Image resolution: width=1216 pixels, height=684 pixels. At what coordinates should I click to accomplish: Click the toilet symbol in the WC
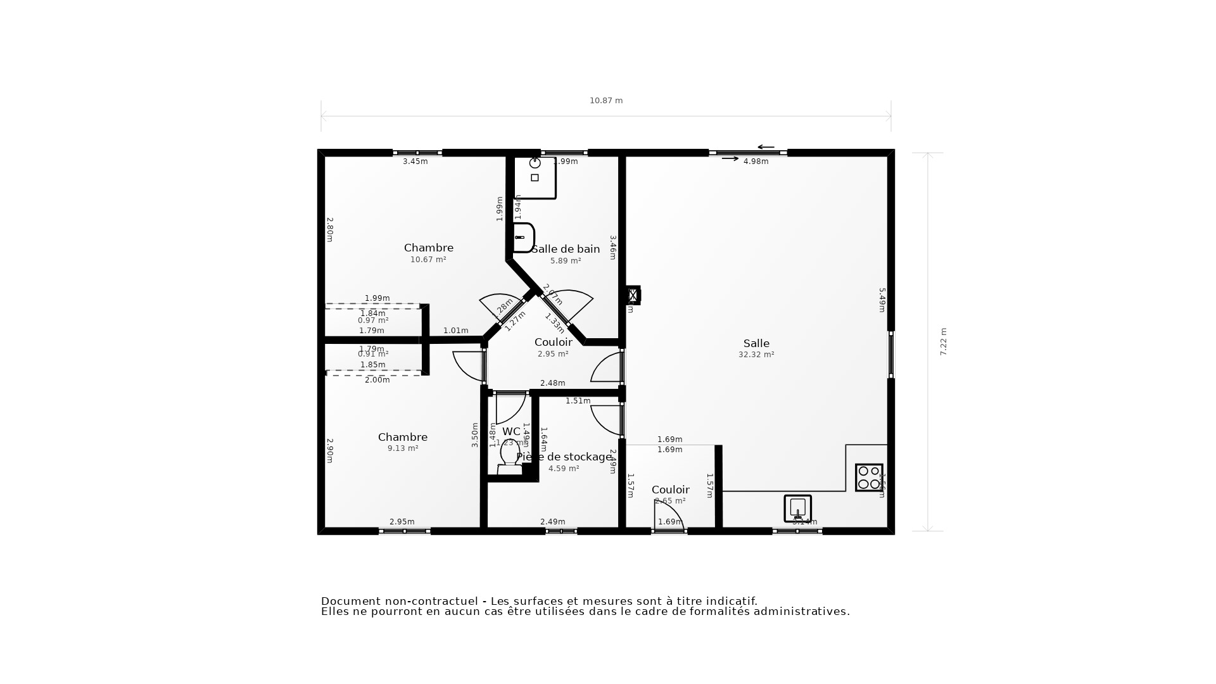point(510,456)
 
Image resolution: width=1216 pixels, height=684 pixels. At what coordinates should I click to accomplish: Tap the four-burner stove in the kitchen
point(868,478)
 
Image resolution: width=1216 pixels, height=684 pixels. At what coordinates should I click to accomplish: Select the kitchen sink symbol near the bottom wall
point(797,508)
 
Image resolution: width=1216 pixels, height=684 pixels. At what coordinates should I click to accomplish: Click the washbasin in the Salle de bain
point(523,237)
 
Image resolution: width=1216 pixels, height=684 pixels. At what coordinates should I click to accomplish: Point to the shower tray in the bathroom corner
point(535,177)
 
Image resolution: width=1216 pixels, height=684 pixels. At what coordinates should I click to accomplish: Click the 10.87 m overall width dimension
point(606,101)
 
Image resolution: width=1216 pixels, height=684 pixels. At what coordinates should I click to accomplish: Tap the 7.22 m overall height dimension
point(943,341)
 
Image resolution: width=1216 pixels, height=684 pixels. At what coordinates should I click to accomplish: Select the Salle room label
point(756,343)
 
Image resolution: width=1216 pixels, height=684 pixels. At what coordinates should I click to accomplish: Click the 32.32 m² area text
point(756,355)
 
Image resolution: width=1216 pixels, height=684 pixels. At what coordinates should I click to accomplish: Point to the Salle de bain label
point(566,249)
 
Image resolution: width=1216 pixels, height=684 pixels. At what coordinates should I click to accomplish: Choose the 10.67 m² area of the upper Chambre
point(428,260)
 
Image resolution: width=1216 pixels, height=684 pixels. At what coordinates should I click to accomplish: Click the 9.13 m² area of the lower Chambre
point(403,448)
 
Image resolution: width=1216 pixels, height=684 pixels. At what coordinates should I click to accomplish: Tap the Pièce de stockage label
point(564,457)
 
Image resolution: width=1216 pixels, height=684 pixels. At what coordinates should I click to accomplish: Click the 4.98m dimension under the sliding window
point(756,161)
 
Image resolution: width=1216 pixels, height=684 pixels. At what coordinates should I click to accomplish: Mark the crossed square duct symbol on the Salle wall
point(633,295)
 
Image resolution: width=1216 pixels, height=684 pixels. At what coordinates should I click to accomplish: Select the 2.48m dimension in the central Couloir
point(552,383)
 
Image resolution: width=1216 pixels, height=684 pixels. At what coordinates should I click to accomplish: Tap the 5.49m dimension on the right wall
point(882,300)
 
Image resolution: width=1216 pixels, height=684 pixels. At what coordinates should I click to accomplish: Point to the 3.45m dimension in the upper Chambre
point(415,161)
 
